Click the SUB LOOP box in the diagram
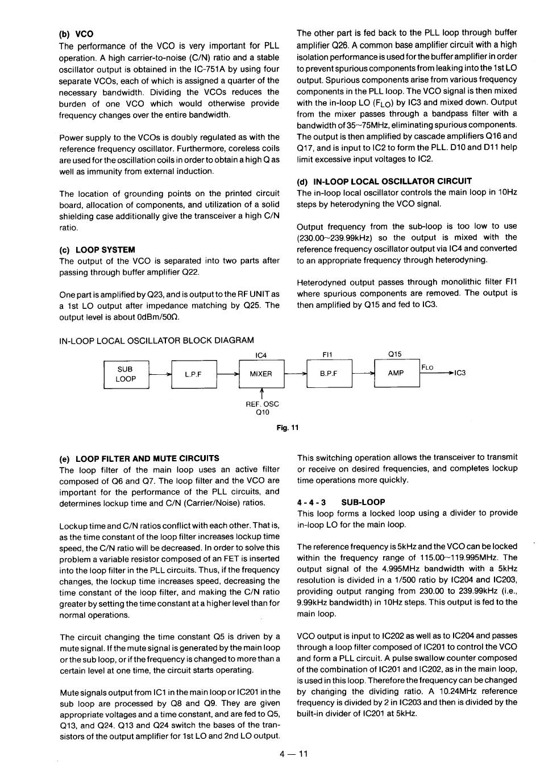coord(126,374)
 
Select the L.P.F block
coord(194,374)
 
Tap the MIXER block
coord(261,374)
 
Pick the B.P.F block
coord(329,374)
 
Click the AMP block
coord(396,373)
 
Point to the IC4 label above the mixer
coord(261,355)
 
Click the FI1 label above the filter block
coord(327,354)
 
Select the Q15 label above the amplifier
coord(395,354)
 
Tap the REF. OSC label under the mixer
coord(262,404)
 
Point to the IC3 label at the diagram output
coord(460,373)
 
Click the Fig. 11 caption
coord(288,428)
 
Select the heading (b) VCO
coord(76,34)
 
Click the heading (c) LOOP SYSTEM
coord(97,250)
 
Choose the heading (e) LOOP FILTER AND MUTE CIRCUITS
coord(139,458)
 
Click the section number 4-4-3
coord(311,502)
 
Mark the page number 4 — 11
coord(293,754)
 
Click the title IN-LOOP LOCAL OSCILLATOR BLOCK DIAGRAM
coord(157,341)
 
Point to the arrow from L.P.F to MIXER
coord(228,374)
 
